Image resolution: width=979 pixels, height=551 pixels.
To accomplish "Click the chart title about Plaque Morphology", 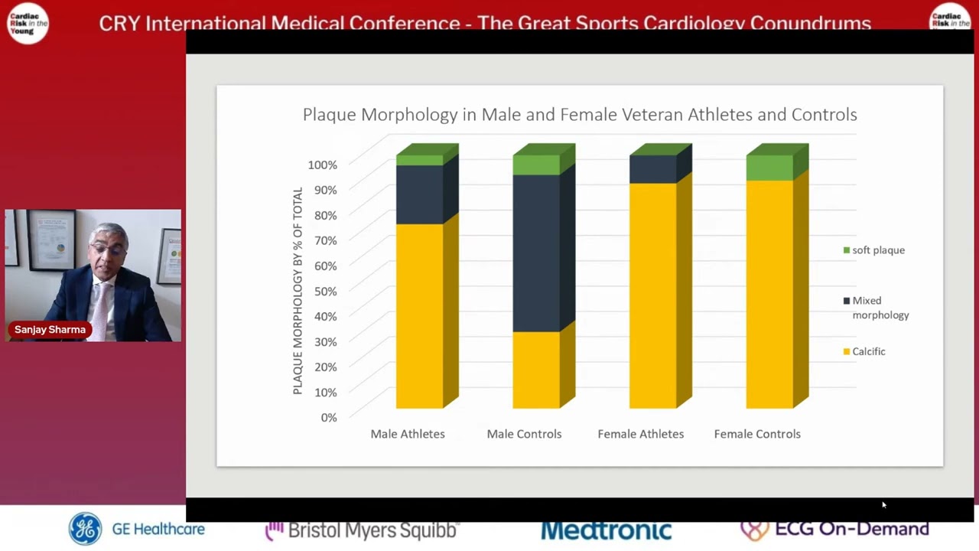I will click(x=579, y=115).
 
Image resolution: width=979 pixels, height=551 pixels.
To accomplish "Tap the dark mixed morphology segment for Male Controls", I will click(x=536, y=253).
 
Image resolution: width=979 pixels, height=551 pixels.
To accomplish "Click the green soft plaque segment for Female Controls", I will click(x=769, y=168).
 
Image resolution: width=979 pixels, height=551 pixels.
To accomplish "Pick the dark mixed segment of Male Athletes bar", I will click(x=419, y=194).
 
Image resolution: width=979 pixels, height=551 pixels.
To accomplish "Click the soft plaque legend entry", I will click(x=877, y=250).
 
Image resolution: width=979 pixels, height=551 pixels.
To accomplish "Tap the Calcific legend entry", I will click(x=868, y=351).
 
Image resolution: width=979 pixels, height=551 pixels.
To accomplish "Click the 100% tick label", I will click(x=322, y=165).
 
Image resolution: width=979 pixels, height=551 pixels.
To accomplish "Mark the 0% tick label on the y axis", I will click(x=328, y=417).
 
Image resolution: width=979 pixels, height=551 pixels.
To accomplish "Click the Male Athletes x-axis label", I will click(x=408, y=434).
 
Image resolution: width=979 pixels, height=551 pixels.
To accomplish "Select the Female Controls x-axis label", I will click(x=757, y=434).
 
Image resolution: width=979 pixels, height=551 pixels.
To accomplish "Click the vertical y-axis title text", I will click(x=298, y=291).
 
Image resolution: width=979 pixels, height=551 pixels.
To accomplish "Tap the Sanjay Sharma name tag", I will click(x=50, y=330).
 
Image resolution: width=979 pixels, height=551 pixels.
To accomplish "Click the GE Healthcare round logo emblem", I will click(x=85, y=529).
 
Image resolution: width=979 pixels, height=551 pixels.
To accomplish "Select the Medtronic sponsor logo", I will click(x=606, y=530).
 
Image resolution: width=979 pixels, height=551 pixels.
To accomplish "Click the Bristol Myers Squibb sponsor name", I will click(x=362, y=530).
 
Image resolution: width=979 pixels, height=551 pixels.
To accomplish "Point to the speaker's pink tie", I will click(x=100, y=306).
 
